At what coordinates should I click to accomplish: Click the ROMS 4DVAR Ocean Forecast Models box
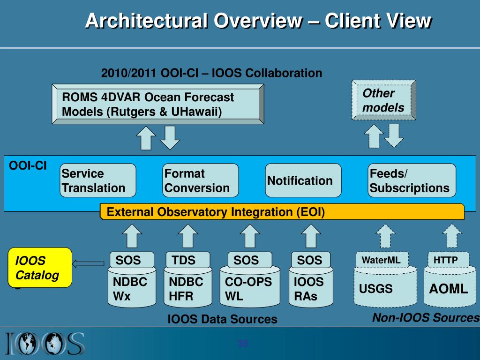point(156,105)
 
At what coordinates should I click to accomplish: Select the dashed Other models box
point(383,100)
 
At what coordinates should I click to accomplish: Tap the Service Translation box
point(98,180)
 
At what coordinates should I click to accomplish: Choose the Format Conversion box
point(200,180)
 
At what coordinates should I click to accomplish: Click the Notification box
point(303,180)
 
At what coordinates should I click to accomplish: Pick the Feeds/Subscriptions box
point(412,180)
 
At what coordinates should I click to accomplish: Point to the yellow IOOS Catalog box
point(41,267)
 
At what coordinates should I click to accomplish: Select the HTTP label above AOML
point(446,260)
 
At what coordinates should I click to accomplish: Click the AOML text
point(449,289)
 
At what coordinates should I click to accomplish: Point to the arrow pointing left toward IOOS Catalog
point(89,263)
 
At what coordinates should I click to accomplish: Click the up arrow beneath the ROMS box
point(146,138)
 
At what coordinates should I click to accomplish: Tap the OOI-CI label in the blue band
point(28,166)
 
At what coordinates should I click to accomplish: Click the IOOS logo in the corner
point(45,343)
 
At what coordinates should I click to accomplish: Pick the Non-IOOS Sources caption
point(426,318)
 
